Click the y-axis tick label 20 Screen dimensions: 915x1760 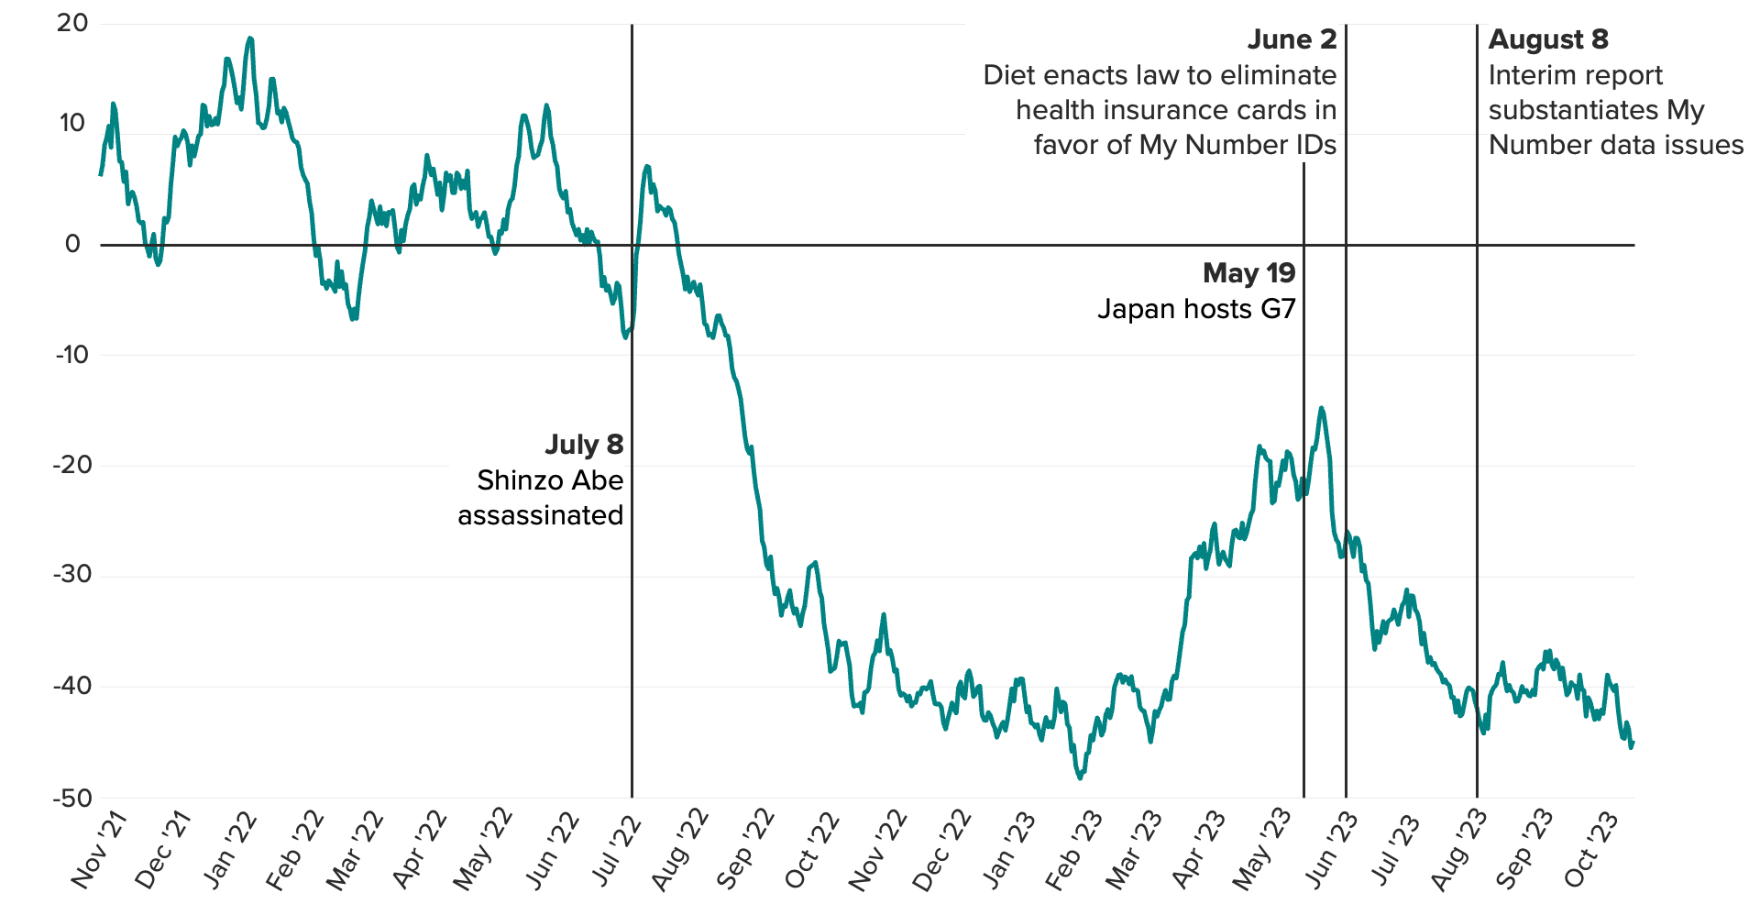tap(71, 24)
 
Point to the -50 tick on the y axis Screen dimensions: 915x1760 tap(71, 798)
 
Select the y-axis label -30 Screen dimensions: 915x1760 tap(71, 576)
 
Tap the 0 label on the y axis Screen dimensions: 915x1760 tap(72, 244)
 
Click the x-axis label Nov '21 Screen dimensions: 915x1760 tap(98, 850)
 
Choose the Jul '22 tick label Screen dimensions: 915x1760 tap(615, 850)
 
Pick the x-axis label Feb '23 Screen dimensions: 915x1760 tap(1073, 850)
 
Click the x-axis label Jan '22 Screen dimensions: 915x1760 tap(229, 850)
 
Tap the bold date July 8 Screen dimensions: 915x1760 tap(584, 445)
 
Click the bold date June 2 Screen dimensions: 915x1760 tap(1292, 39)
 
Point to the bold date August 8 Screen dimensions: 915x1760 tap(1548, 39)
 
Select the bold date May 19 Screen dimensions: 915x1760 tap(1248, 273)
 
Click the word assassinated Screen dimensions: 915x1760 tap(540, 515)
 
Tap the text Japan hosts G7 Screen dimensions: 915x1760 tap(1196, 309)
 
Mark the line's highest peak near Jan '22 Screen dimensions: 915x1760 tap(249, 39)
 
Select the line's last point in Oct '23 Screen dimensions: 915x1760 tap(1633, 743)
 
